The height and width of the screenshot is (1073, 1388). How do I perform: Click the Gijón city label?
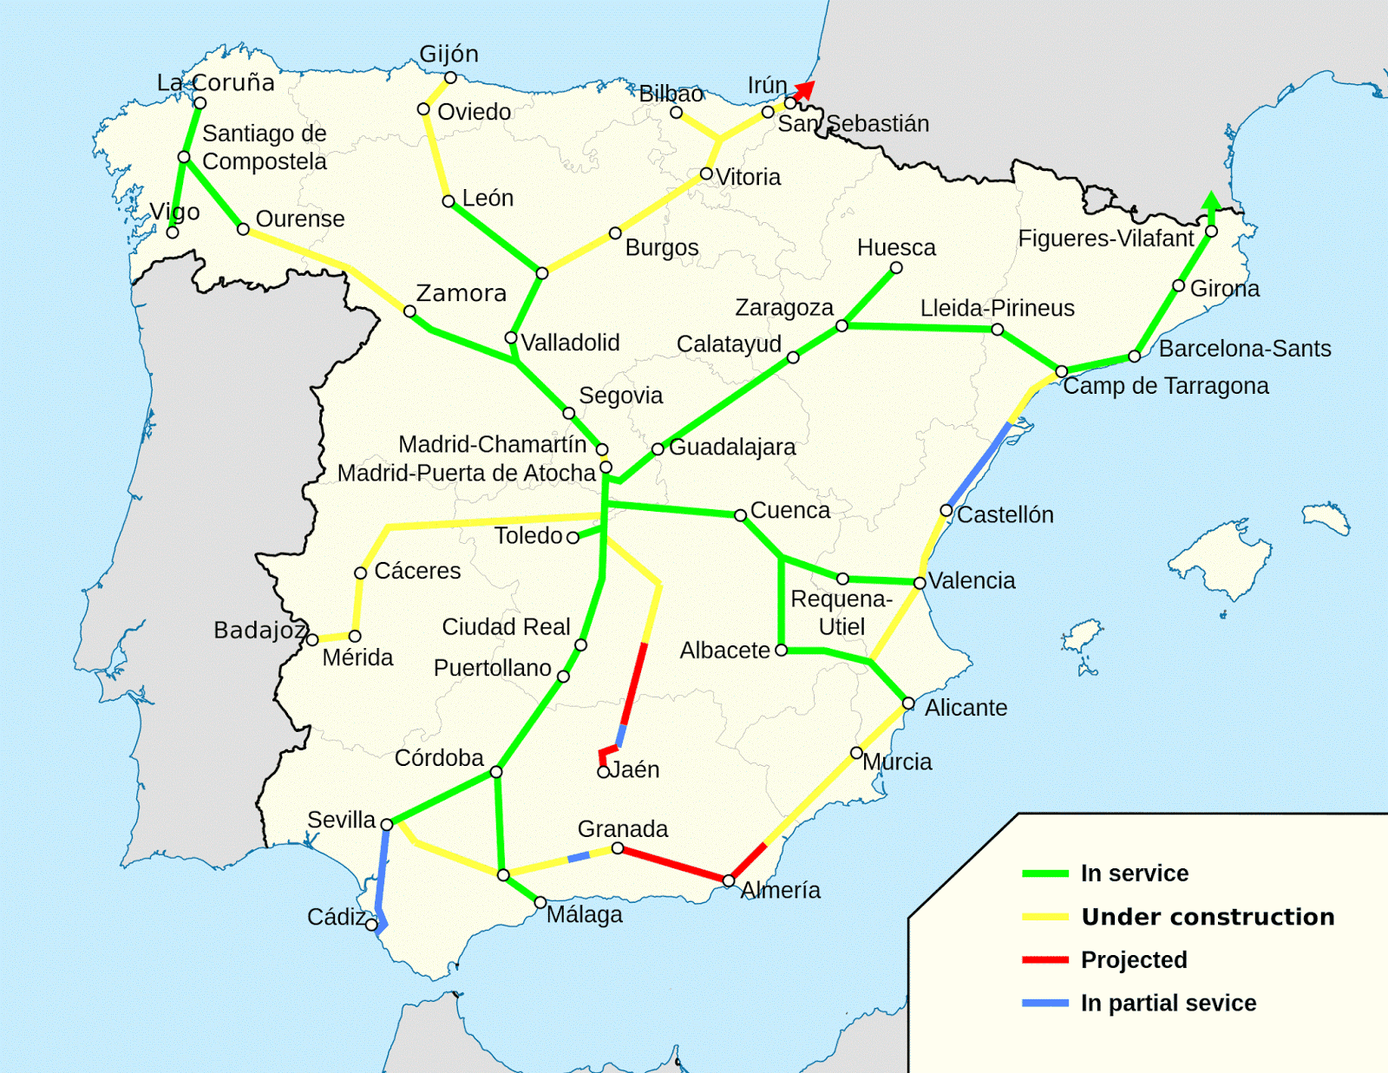(448, 54)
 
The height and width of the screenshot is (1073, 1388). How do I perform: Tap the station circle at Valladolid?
(511, 338)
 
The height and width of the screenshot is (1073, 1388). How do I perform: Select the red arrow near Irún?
(806, 88)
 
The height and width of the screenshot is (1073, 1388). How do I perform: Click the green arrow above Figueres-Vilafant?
(1211, 201)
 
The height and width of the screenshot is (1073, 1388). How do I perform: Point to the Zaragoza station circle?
(841, 325)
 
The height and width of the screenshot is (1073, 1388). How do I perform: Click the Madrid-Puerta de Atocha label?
(467, 473)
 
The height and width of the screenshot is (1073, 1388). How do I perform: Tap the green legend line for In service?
(1044, 873)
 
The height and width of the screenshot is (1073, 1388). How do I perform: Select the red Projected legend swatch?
(1044, 960)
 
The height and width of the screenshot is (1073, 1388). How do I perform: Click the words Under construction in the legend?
(1208, 917)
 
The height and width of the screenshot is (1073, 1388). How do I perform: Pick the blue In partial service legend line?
(1044, 1004)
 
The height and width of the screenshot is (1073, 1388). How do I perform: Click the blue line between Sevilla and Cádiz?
(382, 872)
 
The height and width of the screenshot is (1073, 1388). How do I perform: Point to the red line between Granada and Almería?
(672, 864)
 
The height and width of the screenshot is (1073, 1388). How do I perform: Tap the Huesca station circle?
(896, 268)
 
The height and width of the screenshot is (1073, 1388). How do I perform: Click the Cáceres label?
(417, 571)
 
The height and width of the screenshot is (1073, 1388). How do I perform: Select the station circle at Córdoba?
(496, 772)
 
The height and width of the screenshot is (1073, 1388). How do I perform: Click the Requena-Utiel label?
(841, 612)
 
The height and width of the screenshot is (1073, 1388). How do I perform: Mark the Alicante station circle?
(908, 703)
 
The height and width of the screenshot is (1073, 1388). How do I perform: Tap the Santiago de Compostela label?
(264, 147)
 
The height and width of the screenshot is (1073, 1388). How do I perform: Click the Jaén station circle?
(603, 772)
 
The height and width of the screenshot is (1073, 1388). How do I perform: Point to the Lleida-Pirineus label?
(997, 308)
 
